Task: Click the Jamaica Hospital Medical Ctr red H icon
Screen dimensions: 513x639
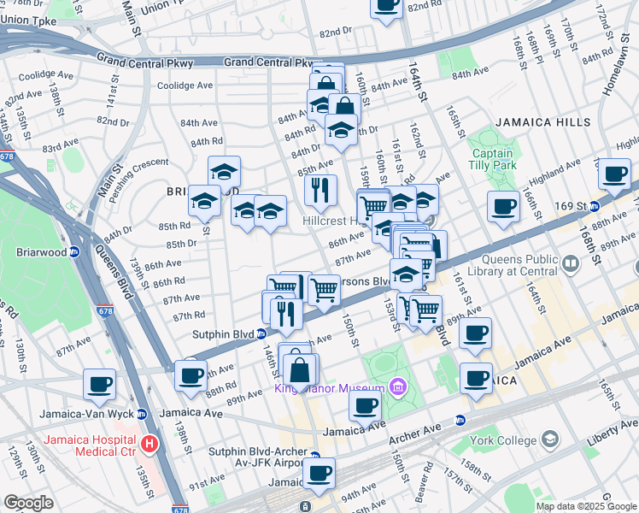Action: (x=150, y=444)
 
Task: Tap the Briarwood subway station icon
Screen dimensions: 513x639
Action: (x=75, y=252)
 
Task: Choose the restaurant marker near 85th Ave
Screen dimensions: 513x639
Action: (x=320, y=191)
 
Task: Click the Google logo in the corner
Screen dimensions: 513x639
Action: (x=28, y=503)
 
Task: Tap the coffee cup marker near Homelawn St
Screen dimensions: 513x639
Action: (x=614, y=174)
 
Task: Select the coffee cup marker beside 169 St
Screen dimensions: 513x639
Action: (x=503, y=206)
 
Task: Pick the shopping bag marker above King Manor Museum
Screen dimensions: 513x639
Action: (x=300, y=370)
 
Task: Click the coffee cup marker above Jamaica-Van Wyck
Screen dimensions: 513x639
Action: (x=99, y=385)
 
